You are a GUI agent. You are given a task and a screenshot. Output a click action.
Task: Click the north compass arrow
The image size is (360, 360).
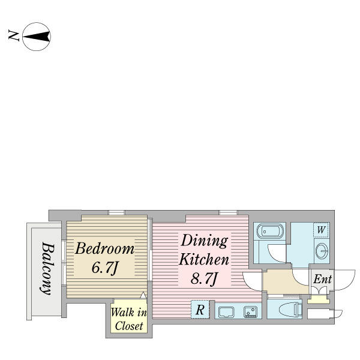point(37,37)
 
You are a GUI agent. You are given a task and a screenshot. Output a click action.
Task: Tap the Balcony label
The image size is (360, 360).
point(45,268)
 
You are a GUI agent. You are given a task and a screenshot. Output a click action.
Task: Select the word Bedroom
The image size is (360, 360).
point(104,248)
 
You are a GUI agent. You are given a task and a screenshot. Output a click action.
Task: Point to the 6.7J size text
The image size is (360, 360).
point(106,268)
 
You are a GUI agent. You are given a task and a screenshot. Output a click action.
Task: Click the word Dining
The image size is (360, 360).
point(205,241)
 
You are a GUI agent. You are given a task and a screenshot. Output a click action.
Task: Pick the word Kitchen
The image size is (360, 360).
point(205,260)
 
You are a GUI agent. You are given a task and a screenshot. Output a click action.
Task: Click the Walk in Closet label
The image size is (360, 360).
point(128,319)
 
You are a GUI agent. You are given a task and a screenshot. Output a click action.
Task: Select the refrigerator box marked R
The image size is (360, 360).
point(199,310)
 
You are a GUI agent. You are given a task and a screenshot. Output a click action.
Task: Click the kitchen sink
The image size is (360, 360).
point(227,311)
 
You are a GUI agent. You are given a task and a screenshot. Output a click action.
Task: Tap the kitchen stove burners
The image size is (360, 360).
point(250,311)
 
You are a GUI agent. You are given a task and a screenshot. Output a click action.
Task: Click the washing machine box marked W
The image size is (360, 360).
point(321,230)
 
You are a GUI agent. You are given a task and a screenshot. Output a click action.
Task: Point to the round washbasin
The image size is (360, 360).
point(322,251)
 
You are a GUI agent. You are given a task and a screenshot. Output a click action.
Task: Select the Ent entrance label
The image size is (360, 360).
point(322,280)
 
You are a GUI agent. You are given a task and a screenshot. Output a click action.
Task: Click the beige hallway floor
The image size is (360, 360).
point(285,280)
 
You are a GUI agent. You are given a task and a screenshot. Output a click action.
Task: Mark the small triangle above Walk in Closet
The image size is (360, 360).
point(143,295)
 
